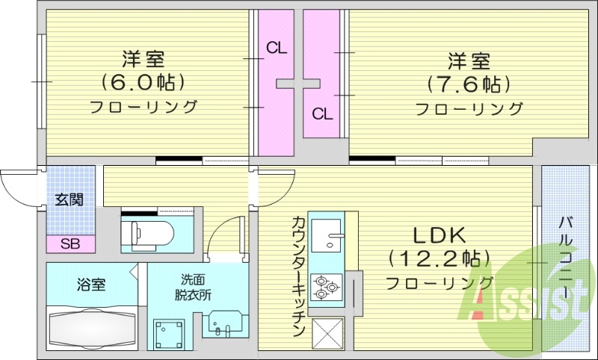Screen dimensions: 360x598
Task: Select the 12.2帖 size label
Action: click(440, 259)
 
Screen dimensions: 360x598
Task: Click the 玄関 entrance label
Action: click(69, 199)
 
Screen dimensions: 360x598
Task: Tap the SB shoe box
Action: click(70, 243)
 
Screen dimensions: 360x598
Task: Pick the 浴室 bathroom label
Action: click(90, 284)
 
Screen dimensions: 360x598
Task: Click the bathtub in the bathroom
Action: click(90, 327)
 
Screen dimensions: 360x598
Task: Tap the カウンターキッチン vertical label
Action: click(297, 276)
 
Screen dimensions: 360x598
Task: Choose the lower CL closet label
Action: click(322, 114)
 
